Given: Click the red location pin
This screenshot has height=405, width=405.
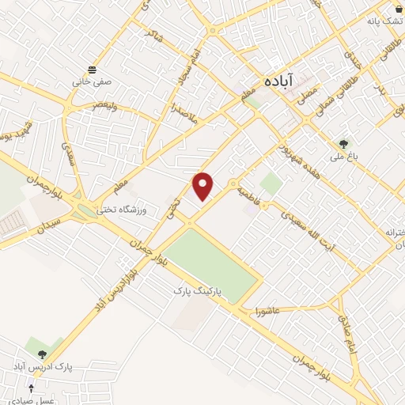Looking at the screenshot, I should click(204, 185).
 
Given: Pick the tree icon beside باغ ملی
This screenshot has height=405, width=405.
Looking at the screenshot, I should click(343, 144).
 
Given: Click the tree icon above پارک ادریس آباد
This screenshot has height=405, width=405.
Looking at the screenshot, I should click(41, 354).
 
